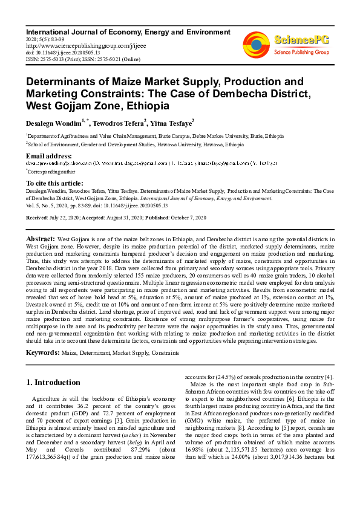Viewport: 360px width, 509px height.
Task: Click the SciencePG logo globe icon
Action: click(x=256, y=44)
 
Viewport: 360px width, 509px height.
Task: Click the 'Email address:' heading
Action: click(x=50, y=156)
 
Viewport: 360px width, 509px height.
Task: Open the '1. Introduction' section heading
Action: click(x=54, y=383)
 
